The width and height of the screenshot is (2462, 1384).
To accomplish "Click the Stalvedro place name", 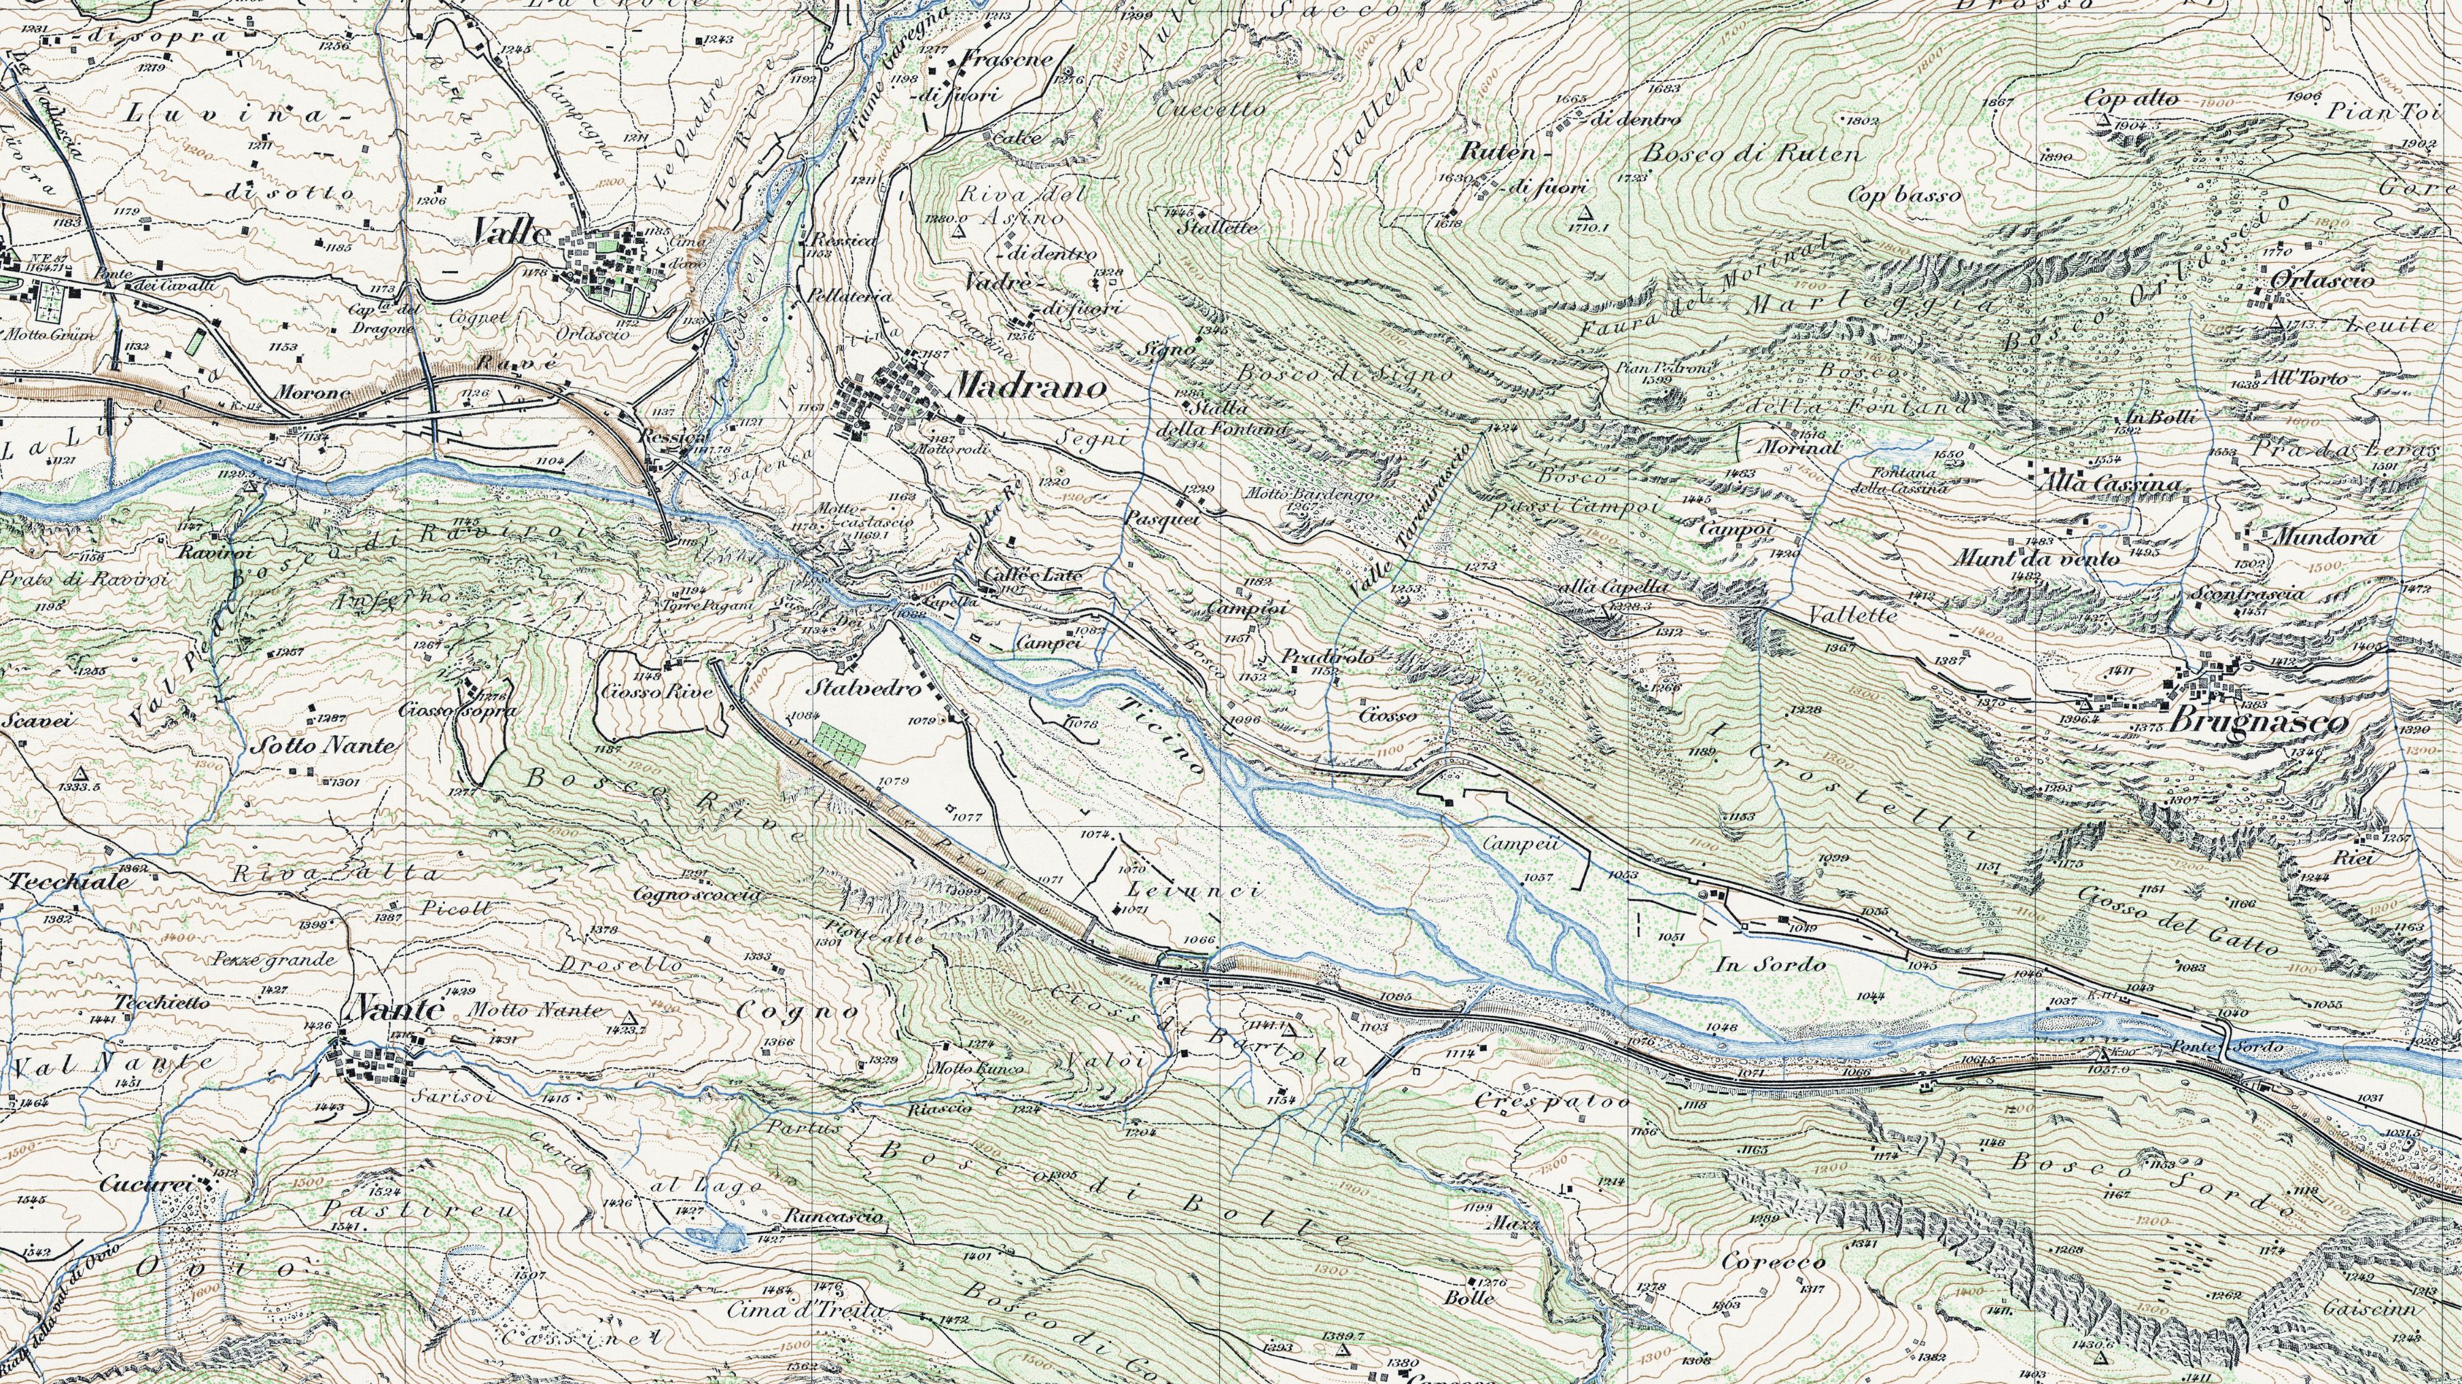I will [854, 688].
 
